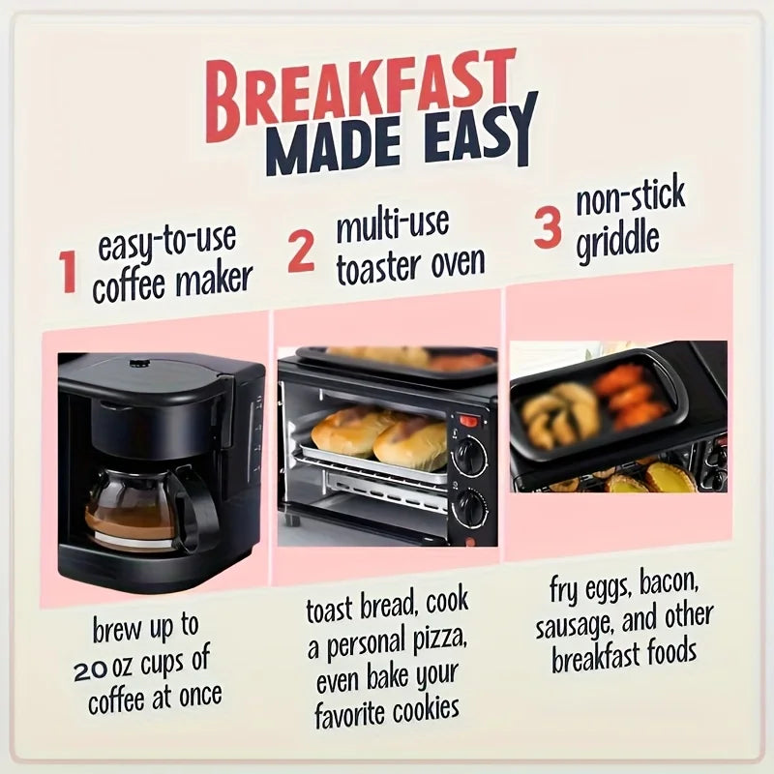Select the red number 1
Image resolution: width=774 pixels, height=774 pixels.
point(68,272)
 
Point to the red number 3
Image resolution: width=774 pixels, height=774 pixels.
point(548,228)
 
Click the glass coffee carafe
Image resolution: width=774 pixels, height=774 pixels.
point(131,503)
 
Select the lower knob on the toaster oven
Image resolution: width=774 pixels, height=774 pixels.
point(470,506)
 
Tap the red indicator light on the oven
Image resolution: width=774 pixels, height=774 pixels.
point(468,421)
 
